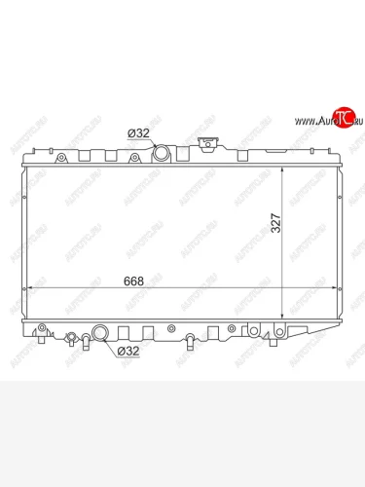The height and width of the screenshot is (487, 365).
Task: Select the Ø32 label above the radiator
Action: (140, 133)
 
